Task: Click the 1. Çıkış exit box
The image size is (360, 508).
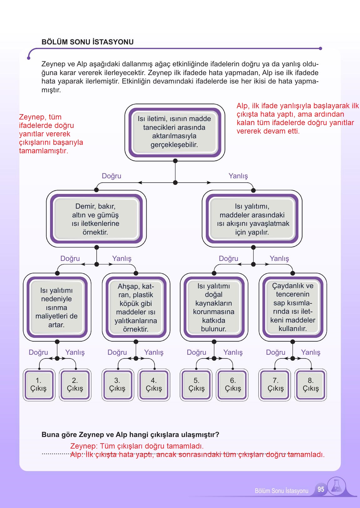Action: pyautogui.click(x=39, y=385)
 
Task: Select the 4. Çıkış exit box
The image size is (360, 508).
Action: pyautogui.click(x=154, y=385)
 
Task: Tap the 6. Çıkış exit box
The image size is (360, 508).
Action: pyautogui.click(x=232, y=385)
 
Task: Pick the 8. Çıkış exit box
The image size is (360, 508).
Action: pyautogui.click(x=311, y=385)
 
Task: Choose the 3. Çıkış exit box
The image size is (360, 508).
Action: pyautogui.click(x=118, y=385)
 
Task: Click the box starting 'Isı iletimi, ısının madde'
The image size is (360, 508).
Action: pyautogui.click(x=175, y=132)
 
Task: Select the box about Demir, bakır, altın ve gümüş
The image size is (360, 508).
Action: pyautogui.click(x=96, y=219)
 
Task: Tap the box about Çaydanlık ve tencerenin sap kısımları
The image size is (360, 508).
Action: pyautogui.click(x=293, y=307)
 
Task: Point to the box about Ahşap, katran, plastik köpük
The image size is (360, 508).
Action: pyautogui.click(x=136, y=307)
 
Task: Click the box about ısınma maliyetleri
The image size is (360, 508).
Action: pyautogui.click(x=57, y=307)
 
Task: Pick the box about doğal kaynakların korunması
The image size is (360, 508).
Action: pyautogui.click(x=214, y=307)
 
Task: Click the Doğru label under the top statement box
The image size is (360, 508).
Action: pyautogui.click(x=111, y=176)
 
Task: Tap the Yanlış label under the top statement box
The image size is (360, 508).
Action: pyautogui.click(x=238, y=176)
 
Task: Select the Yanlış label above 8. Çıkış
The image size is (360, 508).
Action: pyautogui.click(x=311, y=352)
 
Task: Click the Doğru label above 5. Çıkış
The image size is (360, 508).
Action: pyautogui.click(x=196, y=352)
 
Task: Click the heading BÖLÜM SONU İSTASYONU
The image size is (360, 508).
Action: pyautogui.click(x=88, y=42)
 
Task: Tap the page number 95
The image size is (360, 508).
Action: pyautogui.click(x=321, y=489)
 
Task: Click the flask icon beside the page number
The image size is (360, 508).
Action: pyautogui.click(x=337, y=486)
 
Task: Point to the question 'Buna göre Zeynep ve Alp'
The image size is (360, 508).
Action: pyautogui.click(x=130, y=434)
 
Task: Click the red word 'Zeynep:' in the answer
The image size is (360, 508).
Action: pyautogui.click(x=84, y=446)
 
